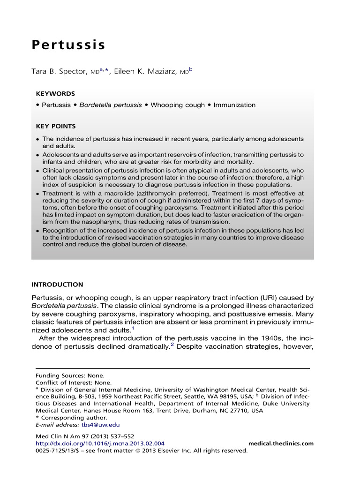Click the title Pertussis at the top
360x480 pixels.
pyautogui.click(x=68, y=45)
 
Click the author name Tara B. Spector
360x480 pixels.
pyautogui.click(x=58, y=73)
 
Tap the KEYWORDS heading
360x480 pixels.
pyautogui.click(x=55, y=94)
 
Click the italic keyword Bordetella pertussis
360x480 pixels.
pyautogui.click(x=110, y=105)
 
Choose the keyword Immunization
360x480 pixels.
pyautogui.click(x=234, y=105)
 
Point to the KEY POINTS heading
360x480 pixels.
pyautogui.click(x=56, y=127)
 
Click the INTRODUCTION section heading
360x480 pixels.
pyautogui.click(x=57, y=285)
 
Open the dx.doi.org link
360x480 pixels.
pyautogui.click(x=100, y=443)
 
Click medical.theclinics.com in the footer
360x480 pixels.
pyautogui.click(x=280, y=443)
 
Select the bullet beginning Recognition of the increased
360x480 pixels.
pyautogui.click(x=173, y=238)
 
